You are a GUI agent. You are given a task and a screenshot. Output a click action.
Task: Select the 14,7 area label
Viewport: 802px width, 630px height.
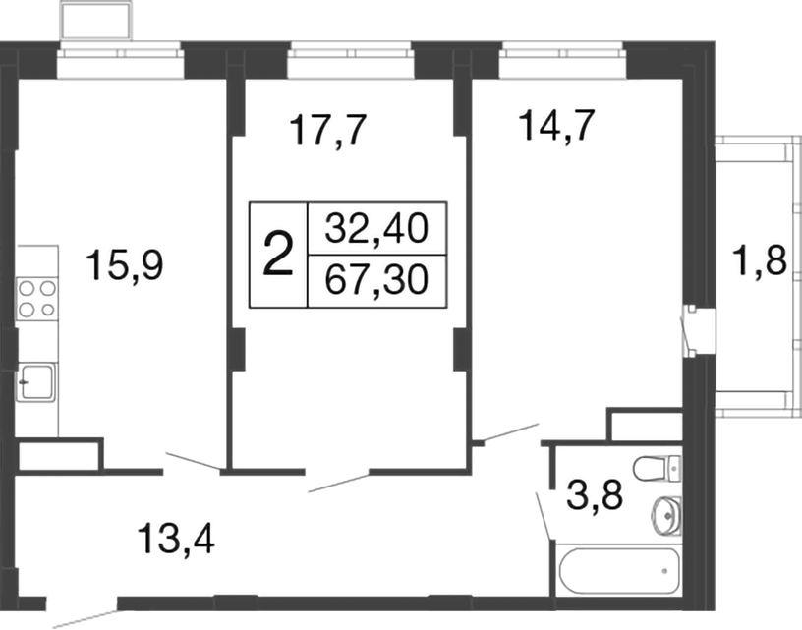(x=556, y=128)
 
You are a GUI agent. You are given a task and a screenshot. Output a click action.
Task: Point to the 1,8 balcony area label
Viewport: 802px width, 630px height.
(x=762, y=263)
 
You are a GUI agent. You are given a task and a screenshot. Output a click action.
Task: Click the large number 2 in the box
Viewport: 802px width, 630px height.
(x=279, y=256)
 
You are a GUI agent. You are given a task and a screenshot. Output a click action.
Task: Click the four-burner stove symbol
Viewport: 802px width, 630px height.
(x=36, y=298)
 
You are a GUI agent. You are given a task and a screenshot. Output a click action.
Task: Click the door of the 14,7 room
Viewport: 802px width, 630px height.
(x=507, y=433)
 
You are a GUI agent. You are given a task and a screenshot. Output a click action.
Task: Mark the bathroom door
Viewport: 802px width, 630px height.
(x=544, y=512)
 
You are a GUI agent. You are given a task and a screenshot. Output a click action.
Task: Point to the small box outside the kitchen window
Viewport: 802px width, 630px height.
(x=96, y=19)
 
